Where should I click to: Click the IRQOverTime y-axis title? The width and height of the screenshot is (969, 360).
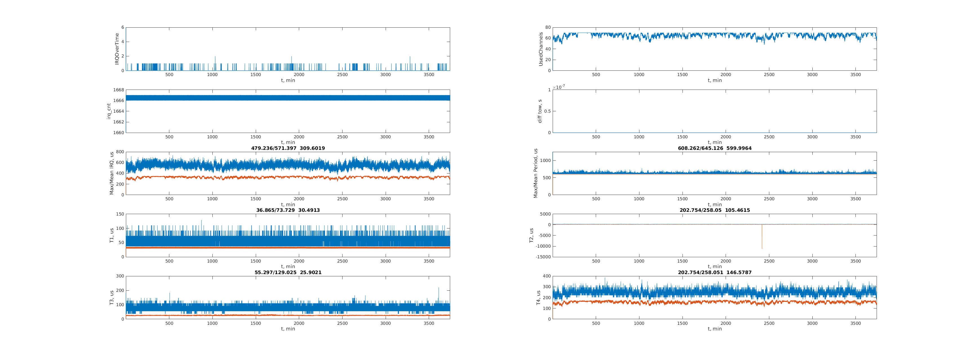[117, 49]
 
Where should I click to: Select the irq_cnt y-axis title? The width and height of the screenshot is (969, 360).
[109, 111]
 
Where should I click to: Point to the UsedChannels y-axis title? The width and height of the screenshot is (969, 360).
[541, 49]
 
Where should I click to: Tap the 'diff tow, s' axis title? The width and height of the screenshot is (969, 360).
[540, 111]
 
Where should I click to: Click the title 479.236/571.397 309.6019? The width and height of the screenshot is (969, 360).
[288, 148]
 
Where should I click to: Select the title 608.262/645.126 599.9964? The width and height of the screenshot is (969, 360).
[714, 148]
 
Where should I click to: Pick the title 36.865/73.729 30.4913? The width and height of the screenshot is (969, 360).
[288, 210]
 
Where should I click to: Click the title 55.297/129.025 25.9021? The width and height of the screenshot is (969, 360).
[288, 272]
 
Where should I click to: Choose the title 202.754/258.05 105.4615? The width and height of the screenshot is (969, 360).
[714, 210]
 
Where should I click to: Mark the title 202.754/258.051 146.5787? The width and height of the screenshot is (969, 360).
[714, 272]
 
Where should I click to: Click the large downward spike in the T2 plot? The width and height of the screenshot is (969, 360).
[762, 241]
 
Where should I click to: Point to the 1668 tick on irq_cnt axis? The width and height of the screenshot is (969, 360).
[119, 90]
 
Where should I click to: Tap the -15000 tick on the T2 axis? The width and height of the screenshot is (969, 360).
[543, 257]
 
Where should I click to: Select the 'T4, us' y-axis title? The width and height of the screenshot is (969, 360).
[538, 297]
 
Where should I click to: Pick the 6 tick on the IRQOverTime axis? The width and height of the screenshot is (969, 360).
[122, 27]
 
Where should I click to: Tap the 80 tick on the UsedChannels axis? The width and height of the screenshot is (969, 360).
[548, 27]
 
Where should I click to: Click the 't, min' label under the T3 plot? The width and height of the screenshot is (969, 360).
[288, 329]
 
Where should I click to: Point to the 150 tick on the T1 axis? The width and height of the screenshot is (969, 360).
[120, 214]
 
